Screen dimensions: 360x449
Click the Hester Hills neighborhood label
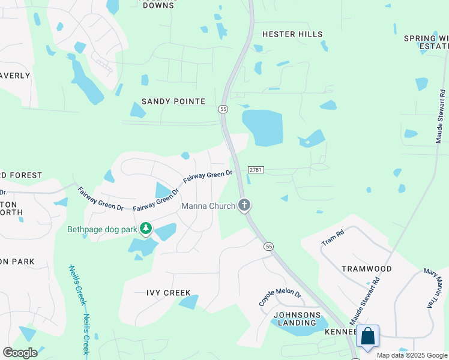point(292,34)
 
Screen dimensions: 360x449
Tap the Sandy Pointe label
point(173,101)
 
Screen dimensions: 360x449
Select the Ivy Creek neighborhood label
point(169,293)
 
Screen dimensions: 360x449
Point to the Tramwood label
point(367,269)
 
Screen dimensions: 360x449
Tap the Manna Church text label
point(208,206)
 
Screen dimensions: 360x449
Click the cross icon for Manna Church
point(244,206)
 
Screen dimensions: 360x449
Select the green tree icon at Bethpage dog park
point(145,229)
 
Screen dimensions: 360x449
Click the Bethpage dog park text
point(102,229)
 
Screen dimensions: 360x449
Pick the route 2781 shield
point(255,170)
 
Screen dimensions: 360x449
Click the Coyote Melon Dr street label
point(280,296)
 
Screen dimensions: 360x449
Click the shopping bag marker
point(367,337)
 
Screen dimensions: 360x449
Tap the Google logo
point(20,353)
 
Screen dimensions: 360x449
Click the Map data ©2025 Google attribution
point(412,355)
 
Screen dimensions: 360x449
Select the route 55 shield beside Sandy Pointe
point(223,109)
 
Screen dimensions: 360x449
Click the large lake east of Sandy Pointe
point(264,126)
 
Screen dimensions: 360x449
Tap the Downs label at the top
point(158,5)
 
